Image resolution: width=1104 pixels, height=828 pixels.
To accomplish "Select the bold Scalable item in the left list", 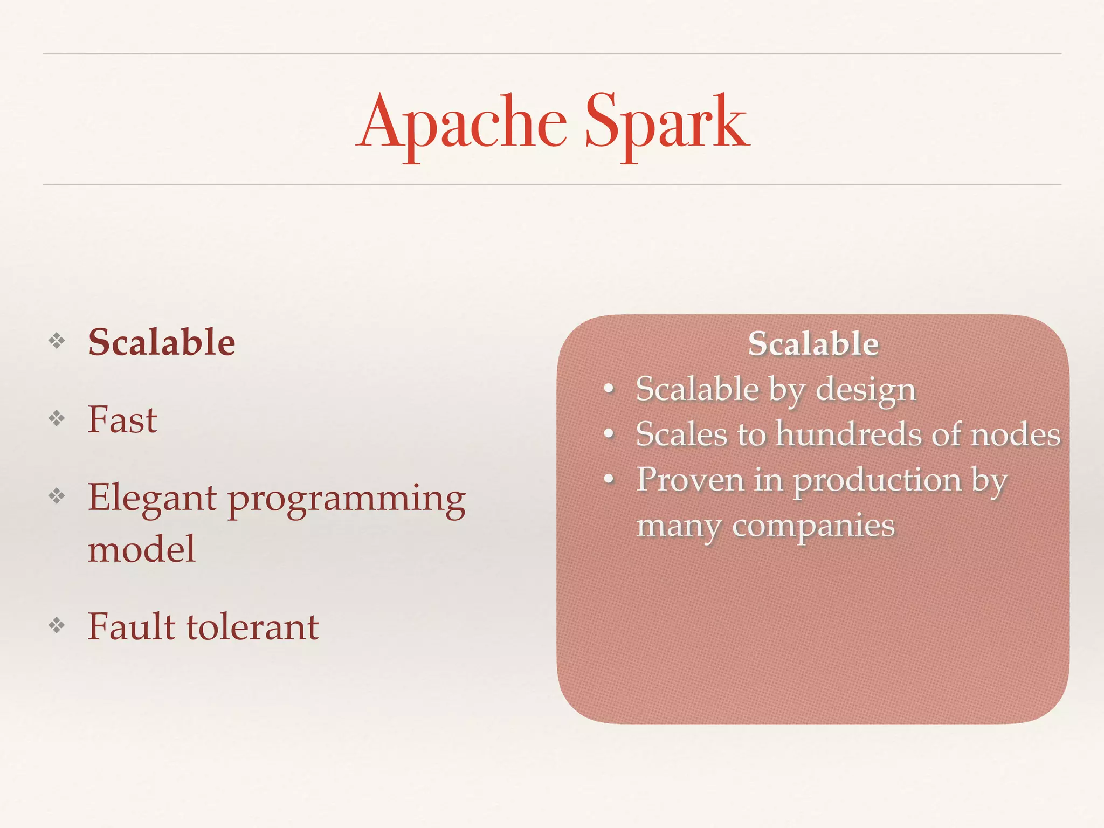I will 162,342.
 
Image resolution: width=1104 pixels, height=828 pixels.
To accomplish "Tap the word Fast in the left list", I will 122,420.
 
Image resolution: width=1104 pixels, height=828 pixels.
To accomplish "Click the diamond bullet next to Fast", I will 57,418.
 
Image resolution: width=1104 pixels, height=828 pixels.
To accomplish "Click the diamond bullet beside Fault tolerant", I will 57,625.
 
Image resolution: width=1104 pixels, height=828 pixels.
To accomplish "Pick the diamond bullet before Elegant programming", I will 57,496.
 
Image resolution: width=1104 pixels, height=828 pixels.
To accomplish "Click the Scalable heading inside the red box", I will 813,344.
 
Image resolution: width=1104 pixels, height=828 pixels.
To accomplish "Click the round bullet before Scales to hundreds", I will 609,434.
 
